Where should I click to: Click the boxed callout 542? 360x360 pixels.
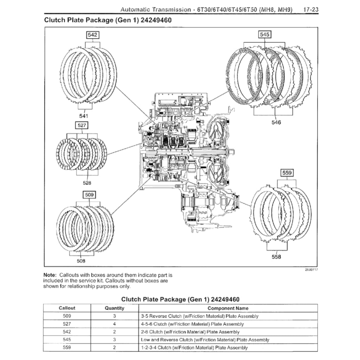pyautogui.click(x=93, y=35)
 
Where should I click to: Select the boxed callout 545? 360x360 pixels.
pyautogui.click(x=265, y=34)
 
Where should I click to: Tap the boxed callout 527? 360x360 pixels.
pyautogui.click(x=82, y=125)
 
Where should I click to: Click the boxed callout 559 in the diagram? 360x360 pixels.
pyautogui.click(x=287, y=173)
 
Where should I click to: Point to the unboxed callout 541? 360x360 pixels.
pyautogui.click(x=83, y=116)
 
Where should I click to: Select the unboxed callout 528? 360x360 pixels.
pyautogui.click(x=87, y=183)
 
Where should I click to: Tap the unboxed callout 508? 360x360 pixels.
pyautogui.click(x=81, y=261)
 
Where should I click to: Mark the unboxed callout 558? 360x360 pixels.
pyautogui.click(x=276, y=257)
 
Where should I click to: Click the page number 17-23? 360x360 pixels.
pyautogui.click(x=310, y=9)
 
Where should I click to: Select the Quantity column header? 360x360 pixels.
pyautogui.click(x=115, y=308)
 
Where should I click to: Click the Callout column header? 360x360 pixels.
pyautogui.click(x=67, y=308)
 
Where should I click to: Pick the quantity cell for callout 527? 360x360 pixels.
pyautogui.click(x=115, y=324)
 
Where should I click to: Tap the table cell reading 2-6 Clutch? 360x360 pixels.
pyautogui.click(x=190, y=332)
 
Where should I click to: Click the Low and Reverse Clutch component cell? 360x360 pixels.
pyautogui.click(x=205, y=340)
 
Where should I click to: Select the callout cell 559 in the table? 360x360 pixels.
pyautogui.click(x=67, y=348)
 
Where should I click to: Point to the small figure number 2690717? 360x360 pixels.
pyautogui.click(x=311, y=269)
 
